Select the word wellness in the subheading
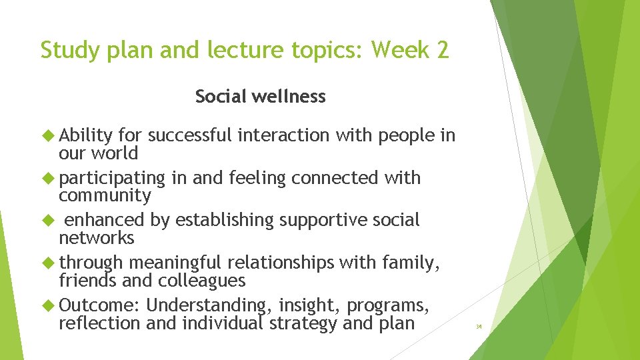tap(293, 97)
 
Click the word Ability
tap(86, 136)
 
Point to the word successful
tap(189, 136)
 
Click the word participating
tap(111, 179)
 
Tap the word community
tap(105, 196)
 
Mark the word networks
tap(96, 238)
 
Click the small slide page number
tap(478, 327)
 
